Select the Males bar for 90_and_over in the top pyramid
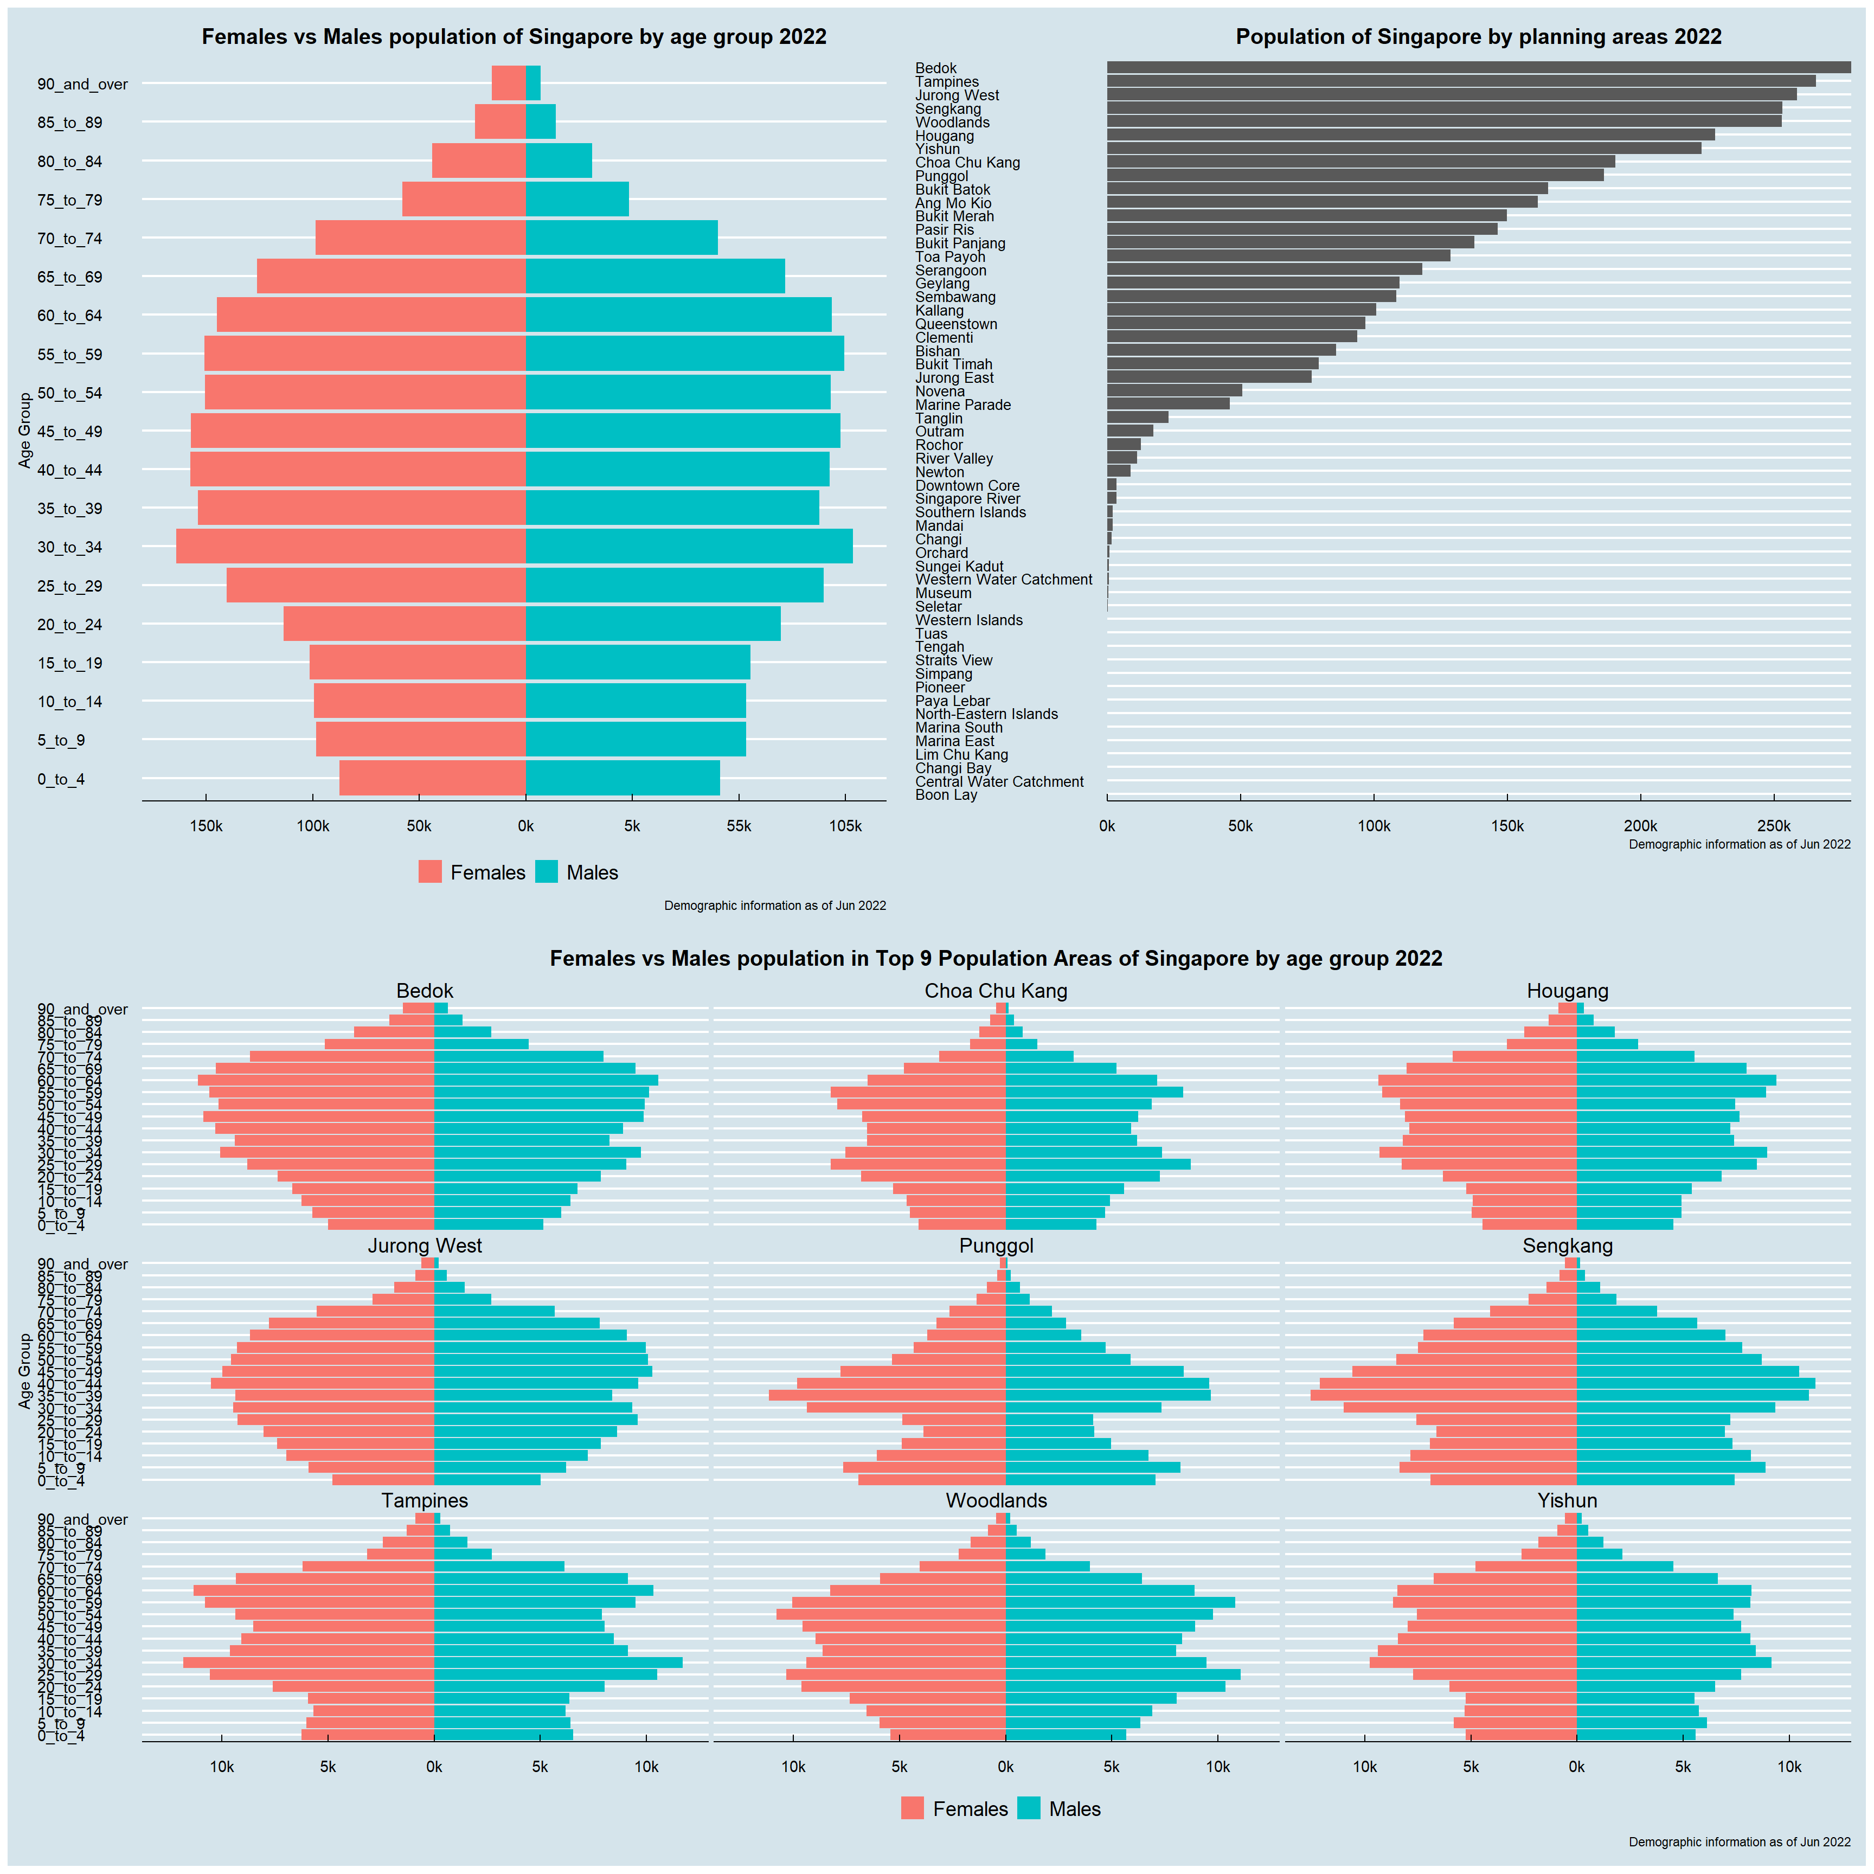pyautogui.click(x=532, y=84)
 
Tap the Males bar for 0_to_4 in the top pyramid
pyautogui.click(x=622, y=778)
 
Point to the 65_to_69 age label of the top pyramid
pyautogui.click(x=70, y=278)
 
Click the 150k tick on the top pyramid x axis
pyautogui.click(x=206, y=826)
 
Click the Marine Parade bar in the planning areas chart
pyautogui.click(x=1168, y=403)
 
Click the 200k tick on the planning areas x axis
pyautogui.click(x=1640, y=826)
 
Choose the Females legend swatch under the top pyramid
pyautogui.click(x=429, y=872)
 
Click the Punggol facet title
pyautogui.click(x=996, y=1246)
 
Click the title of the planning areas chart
pyautogui.click(x=1478, y=37)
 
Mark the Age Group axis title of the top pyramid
pyautogui.click(x=25, y=429)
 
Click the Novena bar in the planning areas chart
pyautogui.click(x=1173, y=390)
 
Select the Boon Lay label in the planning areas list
pyautogui.click(x=946, y=794)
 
